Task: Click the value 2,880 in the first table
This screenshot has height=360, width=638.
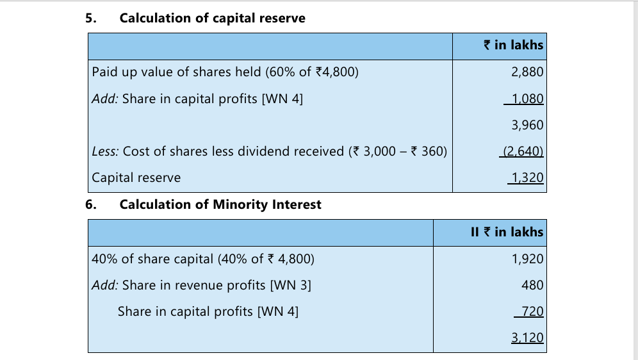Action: click(x=527, y=72)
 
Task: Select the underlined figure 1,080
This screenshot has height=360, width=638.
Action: click(x=527, y=99)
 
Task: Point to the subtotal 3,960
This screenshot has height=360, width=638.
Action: click(x=527, y=125)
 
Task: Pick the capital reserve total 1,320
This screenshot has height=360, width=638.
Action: click(x=527, y=178)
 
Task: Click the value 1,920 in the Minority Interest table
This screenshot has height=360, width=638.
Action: click(x=527, y=259)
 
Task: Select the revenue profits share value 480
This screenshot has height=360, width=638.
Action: click(x=532, y=285)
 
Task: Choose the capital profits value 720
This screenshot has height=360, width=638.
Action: click(x=532, y=311)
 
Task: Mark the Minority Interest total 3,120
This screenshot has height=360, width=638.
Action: click(x=527, y=338)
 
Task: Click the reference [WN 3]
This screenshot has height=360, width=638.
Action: click(x=291, y=286)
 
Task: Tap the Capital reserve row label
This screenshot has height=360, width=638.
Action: click(x=136, y=178)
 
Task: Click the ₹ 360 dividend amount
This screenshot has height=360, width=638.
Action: click(x=427, y=151)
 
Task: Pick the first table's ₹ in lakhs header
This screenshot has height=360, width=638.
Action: click(x=514, y=45)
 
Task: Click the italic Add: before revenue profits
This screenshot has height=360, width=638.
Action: click(x=105, y=285)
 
